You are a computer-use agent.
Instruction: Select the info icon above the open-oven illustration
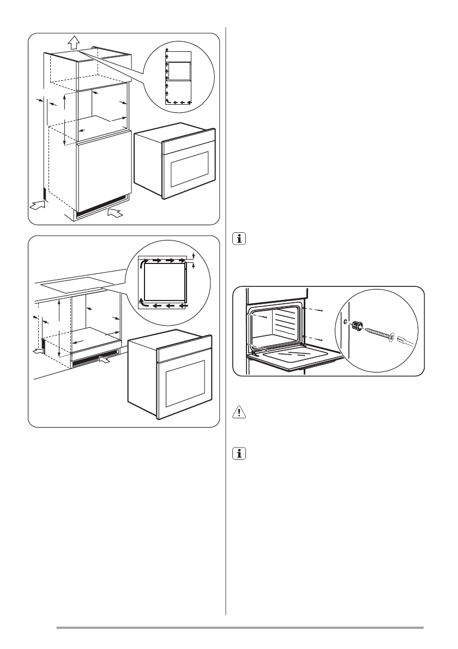(238, 239)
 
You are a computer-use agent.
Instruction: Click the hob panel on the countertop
(76, 284)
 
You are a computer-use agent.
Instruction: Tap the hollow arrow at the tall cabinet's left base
(37, 206)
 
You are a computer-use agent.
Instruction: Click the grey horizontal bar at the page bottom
(240, 628)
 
